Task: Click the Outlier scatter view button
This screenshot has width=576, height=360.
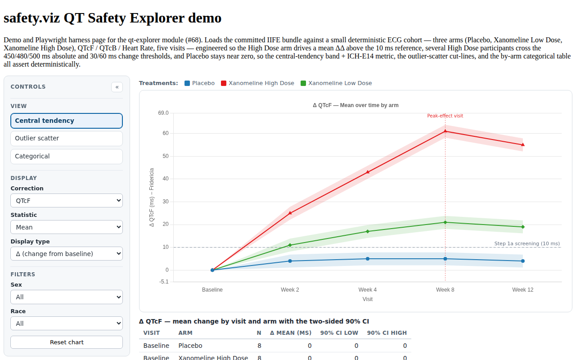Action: click(66, 138)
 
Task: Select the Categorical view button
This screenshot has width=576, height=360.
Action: click(66, 156)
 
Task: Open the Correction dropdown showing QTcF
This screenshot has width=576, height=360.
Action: click(66, 201)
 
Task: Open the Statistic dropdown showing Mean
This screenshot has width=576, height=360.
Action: click(66, 227)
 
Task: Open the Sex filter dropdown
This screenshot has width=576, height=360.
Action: click(66, 297)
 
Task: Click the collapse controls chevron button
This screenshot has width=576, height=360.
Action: click(117, 87)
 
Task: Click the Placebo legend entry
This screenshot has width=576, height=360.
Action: click(199, 83)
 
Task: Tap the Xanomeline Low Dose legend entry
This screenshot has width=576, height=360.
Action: click(336, 83)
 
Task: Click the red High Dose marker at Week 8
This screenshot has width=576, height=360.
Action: click(445, 131)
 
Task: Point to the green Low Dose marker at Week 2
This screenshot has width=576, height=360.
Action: click(290, 245)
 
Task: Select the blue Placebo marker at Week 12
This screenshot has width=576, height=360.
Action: click(523, 261)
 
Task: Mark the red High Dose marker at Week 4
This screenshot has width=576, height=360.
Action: click(368, 172)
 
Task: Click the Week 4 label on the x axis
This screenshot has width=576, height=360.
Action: click(368, 290)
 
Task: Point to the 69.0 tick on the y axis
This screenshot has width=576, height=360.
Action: click(163, 113)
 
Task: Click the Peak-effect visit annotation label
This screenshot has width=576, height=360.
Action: click(445, 116)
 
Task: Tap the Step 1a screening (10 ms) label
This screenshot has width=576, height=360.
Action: click(527, 243)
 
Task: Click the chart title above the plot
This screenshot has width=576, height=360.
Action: click(355, 105)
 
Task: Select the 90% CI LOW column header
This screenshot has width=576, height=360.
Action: click(339, 333)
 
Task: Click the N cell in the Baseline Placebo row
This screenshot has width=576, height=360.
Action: click(259, 346)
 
